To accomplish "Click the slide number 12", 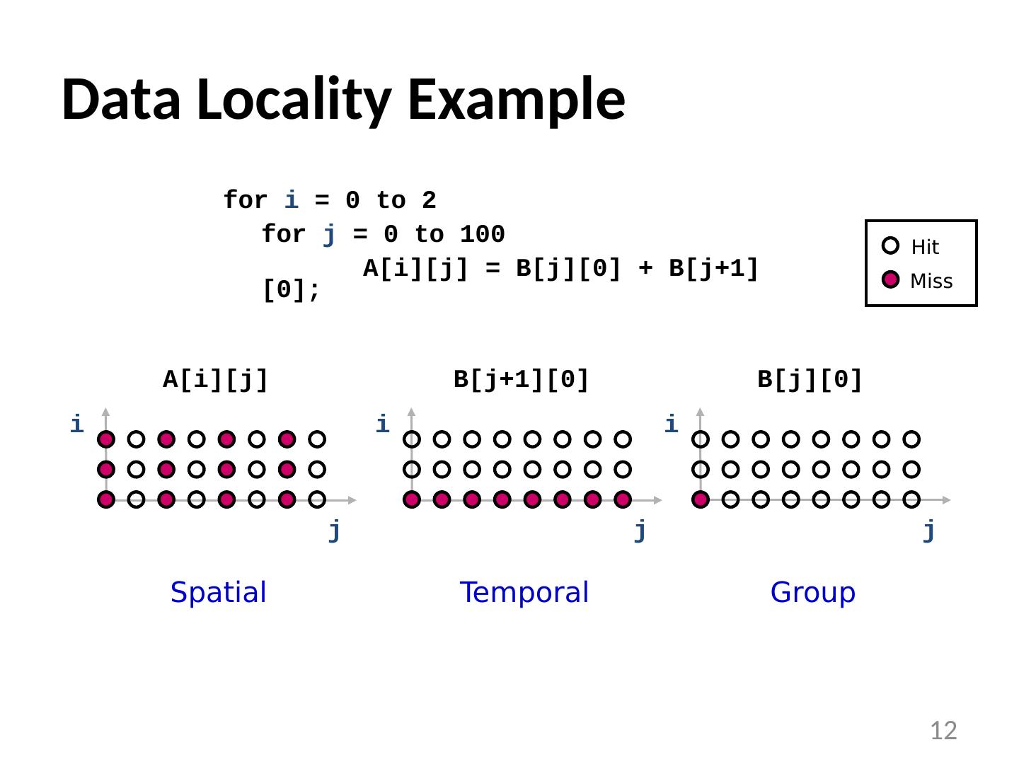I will pos(943,730).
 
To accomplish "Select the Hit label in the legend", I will pos(925,247).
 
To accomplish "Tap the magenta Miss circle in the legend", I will pos(891,280).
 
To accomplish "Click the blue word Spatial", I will pos(218,592).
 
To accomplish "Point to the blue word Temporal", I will pos(524,592).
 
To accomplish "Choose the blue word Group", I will pos(812,592).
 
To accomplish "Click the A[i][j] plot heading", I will pos(216,380).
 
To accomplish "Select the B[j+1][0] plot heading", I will pos(521,380).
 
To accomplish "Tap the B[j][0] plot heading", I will pos(810,380).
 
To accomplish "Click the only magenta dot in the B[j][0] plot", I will pos(701,500).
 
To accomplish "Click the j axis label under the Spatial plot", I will pos(335,530).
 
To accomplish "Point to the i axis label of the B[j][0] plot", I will pos(671,424).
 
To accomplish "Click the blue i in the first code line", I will pos(291,200).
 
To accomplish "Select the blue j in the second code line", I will pos(329,234).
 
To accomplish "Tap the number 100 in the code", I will pos(482,234).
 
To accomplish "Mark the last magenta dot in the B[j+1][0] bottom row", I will pos(623,500).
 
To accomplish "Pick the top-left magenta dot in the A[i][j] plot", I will pos(106,439).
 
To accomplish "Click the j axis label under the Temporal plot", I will pos(640,530).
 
